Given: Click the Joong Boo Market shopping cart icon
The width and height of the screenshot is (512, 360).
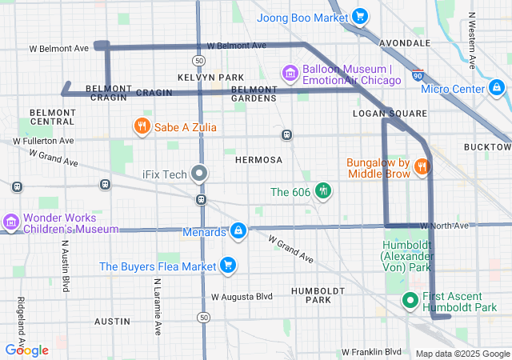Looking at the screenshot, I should click(x=359, y=15).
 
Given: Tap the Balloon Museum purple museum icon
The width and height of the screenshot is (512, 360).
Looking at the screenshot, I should click(x=290, y=74).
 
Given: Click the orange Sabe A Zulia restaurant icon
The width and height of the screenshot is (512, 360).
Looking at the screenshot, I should click(x=142, y=126).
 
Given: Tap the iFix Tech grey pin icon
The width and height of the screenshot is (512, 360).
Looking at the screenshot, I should click(x=200, y=174).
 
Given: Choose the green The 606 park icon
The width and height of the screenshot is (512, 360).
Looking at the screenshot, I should click(x=323, y=190).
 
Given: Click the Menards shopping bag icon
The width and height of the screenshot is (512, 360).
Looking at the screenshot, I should click(x=238, y=231).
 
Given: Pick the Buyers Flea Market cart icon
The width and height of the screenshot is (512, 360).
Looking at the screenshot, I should click(x=228, y=265).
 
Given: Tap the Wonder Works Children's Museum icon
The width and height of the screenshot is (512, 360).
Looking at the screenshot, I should click(x=10, y=222).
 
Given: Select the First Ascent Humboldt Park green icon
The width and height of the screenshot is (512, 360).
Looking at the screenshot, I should click(x=410, y=301).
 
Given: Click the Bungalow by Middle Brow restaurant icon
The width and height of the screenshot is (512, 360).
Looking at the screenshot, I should click(x=422, y=166).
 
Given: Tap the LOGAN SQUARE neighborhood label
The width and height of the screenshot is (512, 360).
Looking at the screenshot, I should click(x=390, y=114).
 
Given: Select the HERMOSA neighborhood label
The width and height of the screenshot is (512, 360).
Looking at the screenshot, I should click(x=258, y=160).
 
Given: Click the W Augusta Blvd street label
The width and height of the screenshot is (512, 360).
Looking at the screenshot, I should click(x=242, y=296).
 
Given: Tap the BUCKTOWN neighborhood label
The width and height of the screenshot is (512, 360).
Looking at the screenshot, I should click(x=486, y=147).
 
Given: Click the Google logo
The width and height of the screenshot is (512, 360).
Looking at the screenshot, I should click(x=26, y=350).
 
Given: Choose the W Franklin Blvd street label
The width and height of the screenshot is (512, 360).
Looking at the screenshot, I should click(x=371, y=351).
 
